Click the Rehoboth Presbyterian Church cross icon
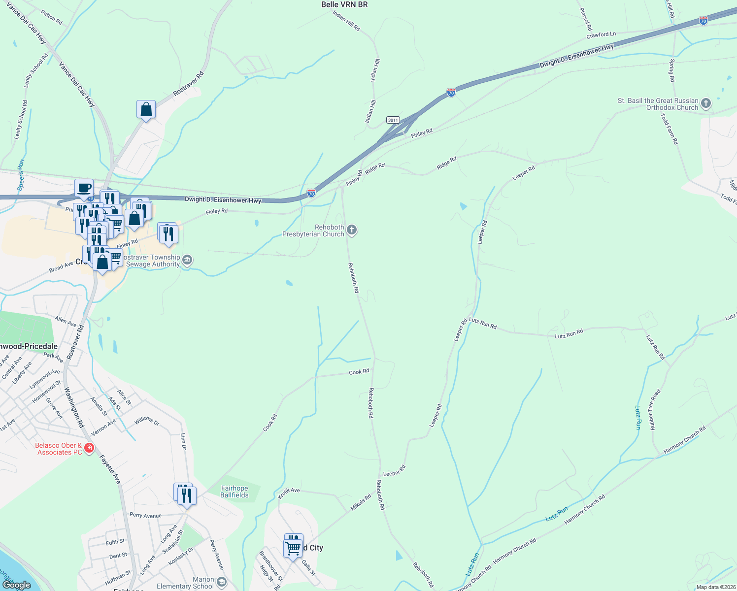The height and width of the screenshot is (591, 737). click(352, 230)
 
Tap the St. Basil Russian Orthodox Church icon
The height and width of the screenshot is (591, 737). click(705, 103)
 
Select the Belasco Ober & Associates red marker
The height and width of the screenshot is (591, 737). click(89, 448)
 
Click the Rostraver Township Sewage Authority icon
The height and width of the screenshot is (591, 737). click(187, 260)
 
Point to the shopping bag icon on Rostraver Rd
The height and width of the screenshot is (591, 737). click(146, 109)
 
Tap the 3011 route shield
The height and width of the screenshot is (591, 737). click(393, 120)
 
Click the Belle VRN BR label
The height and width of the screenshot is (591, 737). click(344, 4)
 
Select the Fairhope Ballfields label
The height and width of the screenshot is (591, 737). click(234, 492)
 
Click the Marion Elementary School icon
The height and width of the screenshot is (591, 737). click(221, 582)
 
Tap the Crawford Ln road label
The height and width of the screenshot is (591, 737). click(601, 35)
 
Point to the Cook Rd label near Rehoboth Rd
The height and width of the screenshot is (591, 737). click(359, 372)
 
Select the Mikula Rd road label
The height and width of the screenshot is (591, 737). click(361, 503)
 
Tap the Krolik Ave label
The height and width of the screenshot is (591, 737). click(289, 492)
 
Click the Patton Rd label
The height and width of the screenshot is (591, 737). click(52, 18)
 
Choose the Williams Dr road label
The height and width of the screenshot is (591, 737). click(147, 421)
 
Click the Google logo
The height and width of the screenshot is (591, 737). click(16, 585)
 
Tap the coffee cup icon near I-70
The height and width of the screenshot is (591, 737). click(84, 188)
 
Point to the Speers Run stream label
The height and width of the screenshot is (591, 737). click(21, 175)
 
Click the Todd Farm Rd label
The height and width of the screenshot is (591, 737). click(670, 129)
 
